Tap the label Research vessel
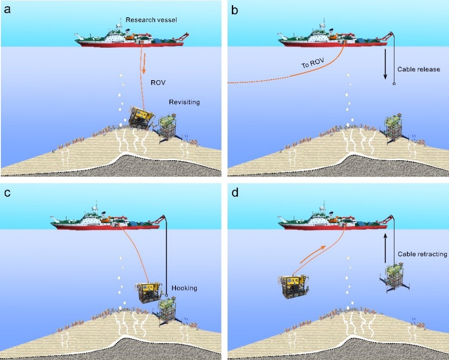(151, 20)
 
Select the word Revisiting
(184, 102)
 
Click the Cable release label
(418, 70)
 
